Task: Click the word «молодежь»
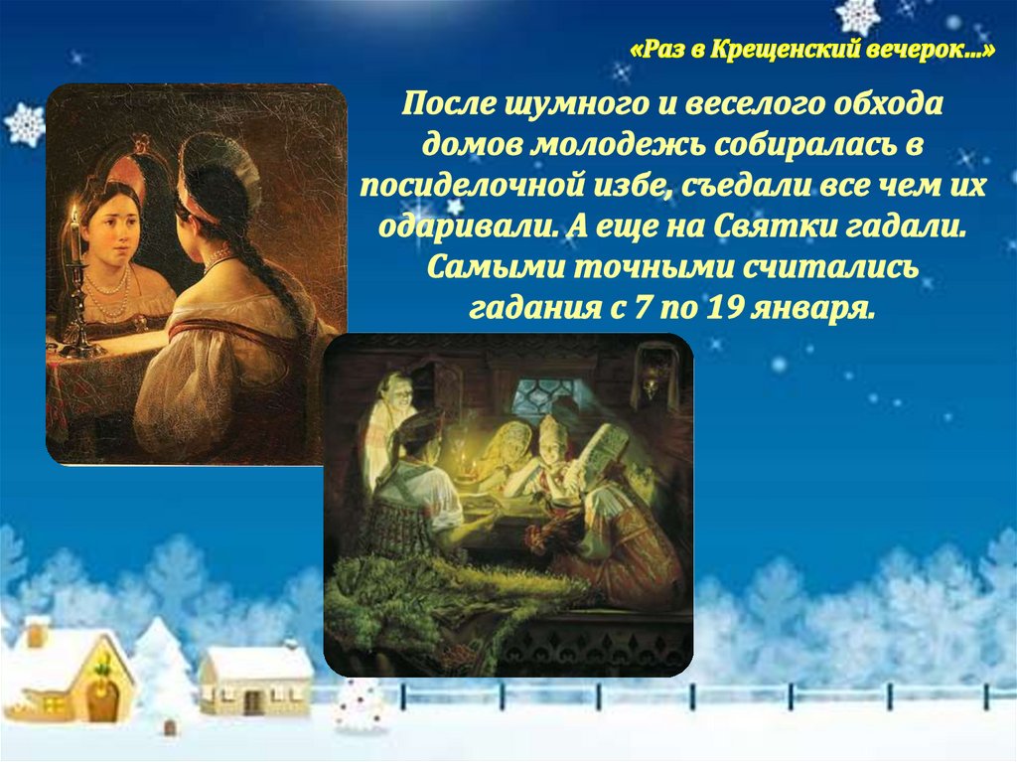[619, 145]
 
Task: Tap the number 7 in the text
[642, 308]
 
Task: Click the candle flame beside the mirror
[75, 212]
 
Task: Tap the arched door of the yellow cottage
[103, 702]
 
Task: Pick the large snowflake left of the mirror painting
[25, 123]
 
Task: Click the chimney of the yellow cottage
[38, 634]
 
